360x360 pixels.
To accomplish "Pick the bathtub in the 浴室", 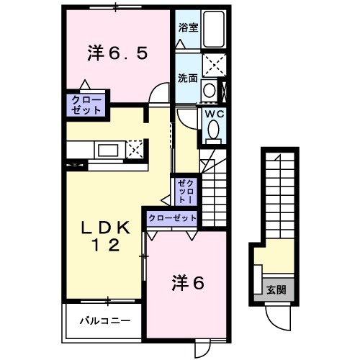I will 213,30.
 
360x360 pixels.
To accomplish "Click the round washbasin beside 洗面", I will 209,91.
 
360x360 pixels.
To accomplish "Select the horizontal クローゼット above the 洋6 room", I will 172,217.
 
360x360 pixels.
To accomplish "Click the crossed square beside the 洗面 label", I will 212,66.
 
